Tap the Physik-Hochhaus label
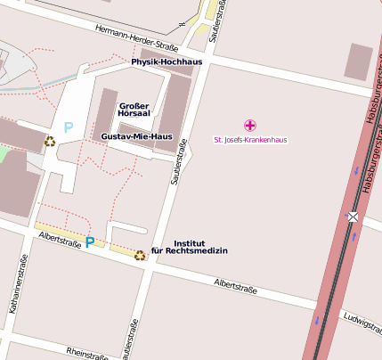(x=167, y=62)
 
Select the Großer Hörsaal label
(x=134, y=110)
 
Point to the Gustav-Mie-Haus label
(x=136, y=136)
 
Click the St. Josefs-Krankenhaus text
(x=250, y=139)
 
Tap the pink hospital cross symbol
(x=250, y=125)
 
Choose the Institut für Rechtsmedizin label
(x=190, y=247)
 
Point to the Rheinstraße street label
(x=87, y=353)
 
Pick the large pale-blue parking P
(x=69, y=128)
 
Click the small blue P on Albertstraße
(x=89, y=241)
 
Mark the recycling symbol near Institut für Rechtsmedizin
(x=140, y=256)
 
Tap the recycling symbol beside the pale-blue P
(x=50, y=141)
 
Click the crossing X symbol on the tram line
(x=354, y=217)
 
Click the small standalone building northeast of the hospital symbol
(x=359, y=61)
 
